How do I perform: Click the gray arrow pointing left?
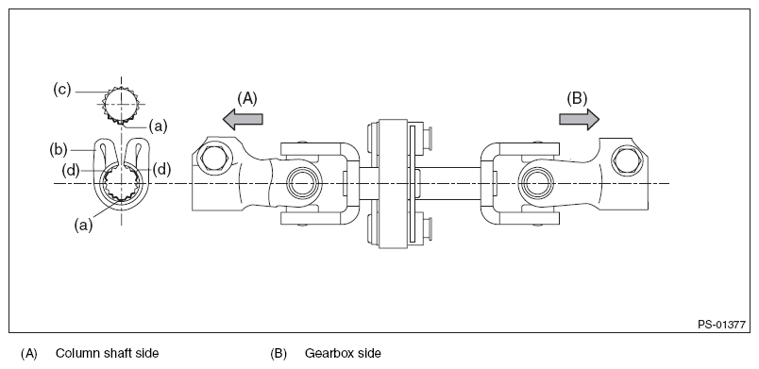[242, 118]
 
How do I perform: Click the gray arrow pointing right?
[579, 118]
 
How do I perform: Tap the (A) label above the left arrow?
[247, 96]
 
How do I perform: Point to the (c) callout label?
[63, 90]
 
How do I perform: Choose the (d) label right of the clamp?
[162, 170]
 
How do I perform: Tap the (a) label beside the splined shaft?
[160, 125]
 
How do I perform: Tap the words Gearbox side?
[343, 354]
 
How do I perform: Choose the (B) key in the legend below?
[278, 354]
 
